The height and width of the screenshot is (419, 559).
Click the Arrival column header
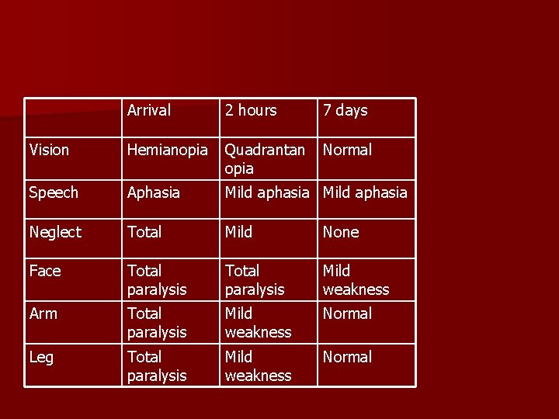149,111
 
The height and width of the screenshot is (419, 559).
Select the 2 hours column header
251,111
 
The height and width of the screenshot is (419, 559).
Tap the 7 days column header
345,111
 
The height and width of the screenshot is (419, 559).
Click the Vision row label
49,150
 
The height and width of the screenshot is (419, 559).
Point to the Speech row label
54,192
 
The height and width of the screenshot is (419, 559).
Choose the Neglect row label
55,232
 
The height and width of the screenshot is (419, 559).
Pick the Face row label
45,271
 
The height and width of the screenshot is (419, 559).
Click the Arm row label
43,313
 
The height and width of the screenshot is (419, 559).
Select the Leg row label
41,357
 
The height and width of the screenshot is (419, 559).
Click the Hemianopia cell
168,150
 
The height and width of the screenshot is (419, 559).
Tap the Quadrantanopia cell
265,159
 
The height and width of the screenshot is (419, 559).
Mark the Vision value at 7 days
348,150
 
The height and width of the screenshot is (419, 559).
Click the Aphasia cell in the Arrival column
154,192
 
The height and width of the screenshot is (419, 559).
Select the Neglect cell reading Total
144,232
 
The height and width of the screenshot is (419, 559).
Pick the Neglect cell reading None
341,232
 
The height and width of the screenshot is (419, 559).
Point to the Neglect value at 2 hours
239,232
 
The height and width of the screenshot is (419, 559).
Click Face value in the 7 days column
356,280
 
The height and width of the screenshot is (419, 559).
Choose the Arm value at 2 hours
258,323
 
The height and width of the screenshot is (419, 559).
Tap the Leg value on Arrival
157,366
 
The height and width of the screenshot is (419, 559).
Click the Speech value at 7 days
365,192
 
